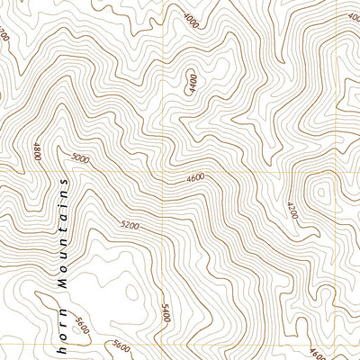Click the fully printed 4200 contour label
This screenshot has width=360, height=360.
click(290, 213)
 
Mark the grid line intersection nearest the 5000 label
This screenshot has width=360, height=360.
click(163, 168)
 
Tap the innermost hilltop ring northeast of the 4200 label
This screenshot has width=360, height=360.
click(319, 193)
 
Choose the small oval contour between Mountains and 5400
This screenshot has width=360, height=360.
click(131, 292)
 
